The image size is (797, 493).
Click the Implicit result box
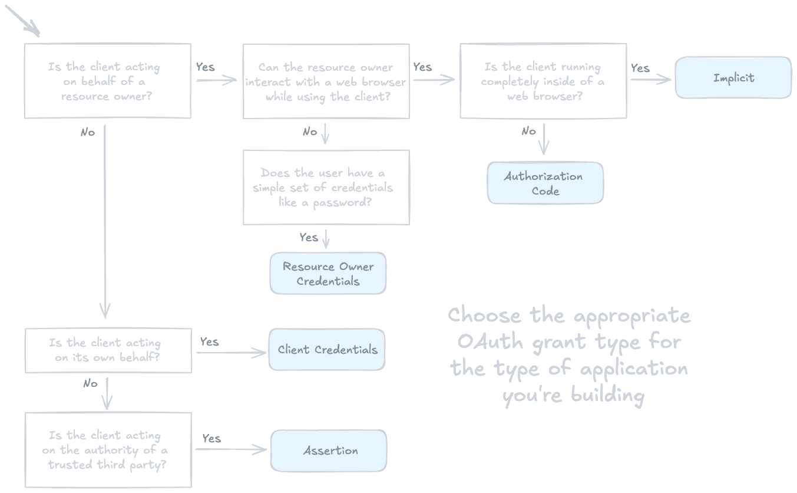coord(733,78)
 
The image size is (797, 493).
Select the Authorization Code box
coord(545,183)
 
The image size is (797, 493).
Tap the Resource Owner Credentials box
coord(328,274)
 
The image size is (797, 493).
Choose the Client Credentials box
coord(327,350)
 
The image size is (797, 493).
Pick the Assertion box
coord(329,451)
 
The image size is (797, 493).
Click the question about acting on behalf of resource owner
coord(107,81)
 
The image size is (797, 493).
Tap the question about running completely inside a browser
coord(543,81)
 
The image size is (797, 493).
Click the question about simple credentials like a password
coord(325,188)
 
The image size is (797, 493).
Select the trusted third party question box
coord(108,450)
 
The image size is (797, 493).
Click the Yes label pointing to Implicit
coord(640,68)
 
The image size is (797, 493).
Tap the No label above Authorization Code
coord(528,131)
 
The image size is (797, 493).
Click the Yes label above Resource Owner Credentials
coord(309,237)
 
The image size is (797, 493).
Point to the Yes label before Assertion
coord(211,438)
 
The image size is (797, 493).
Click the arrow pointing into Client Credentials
coord(231,353)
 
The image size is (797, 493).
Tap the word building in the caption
coord(607,395)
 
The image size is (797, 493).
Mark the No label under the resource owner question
coord(87,133)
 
